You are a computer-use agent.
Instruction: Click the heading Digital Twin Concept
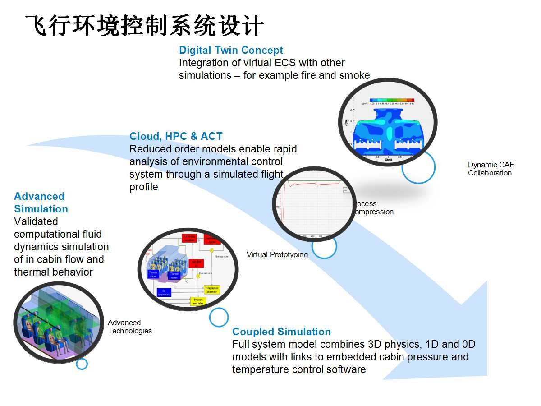click(x=231, y=50)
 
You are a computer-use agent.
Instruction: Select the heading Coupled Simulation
click(x=281, y=332)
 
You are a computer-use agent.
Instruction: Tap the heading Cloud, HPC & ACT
click(x=176, y=136)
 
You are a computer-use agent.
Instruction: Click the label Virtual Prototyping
click(x=277, y=255)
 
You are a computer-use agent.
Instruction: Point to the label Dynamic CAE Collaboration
click(x=491, y=169)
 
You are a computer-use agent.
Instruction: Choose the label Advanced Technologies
click(x=129, y=327)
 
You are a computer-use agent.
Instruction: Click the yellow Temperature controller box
click(x=212, y=290)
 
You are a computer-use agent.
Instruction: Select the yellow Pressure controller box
click(x=198, y=301)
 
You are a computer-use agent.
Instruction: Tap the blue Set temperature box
click(x=164, y=292)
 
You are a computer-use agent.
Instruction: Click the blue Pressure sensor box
click(x=153, y=273)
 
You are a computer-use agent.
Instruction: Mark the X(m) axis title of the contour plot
click(x=387, y=160)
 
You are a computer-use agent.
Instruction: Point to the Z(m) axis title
click(x=346, y=122)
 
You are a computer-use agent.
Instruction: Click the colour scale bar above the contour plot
click(x=391, y=100)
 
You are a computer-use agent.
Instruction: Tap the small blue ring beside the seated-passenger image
click(x=82, y=364)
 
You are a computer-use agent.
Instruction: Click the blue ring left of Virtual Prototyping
click(x=324, y=246)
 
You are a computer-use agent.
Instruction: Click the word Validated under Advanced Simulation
click(x=36, y=221)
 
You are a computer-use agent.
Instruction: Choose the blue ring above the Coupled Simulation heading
click(x=219, y=317)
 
